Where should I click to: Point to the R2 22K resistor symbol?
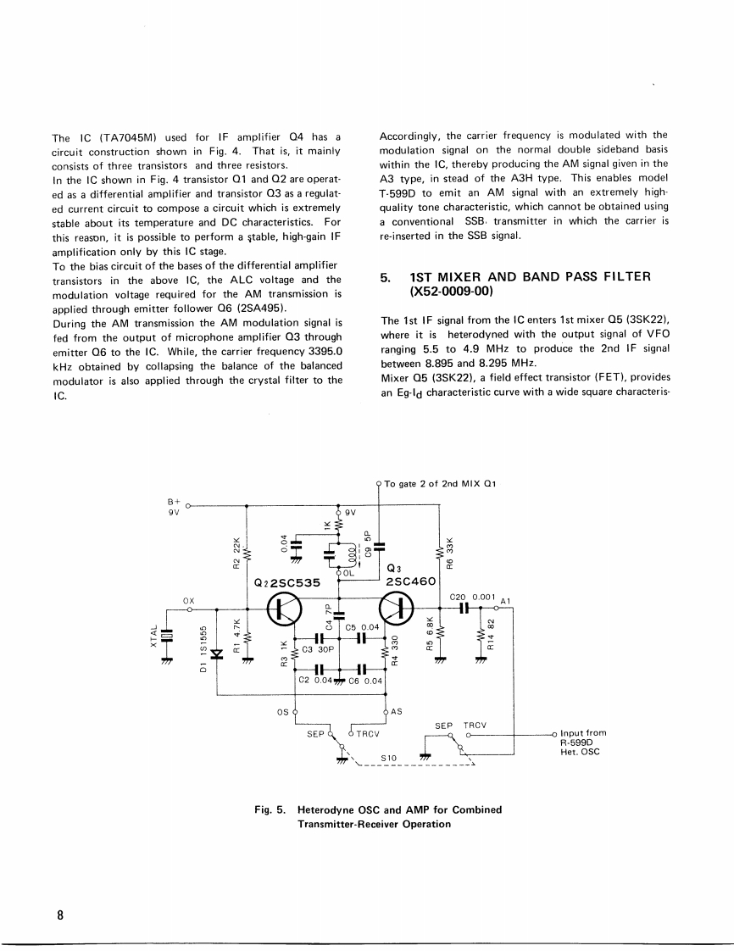coord(246,555)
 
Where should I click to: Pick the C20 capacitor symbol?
coord(464,608)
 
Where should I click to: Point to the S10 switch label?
coord(390,759)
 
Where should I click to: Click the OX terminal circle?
coord(190,609)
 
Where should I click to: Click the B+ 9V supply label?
coord(174,507)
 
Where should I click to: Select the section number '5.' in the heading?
coord(386,277)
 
